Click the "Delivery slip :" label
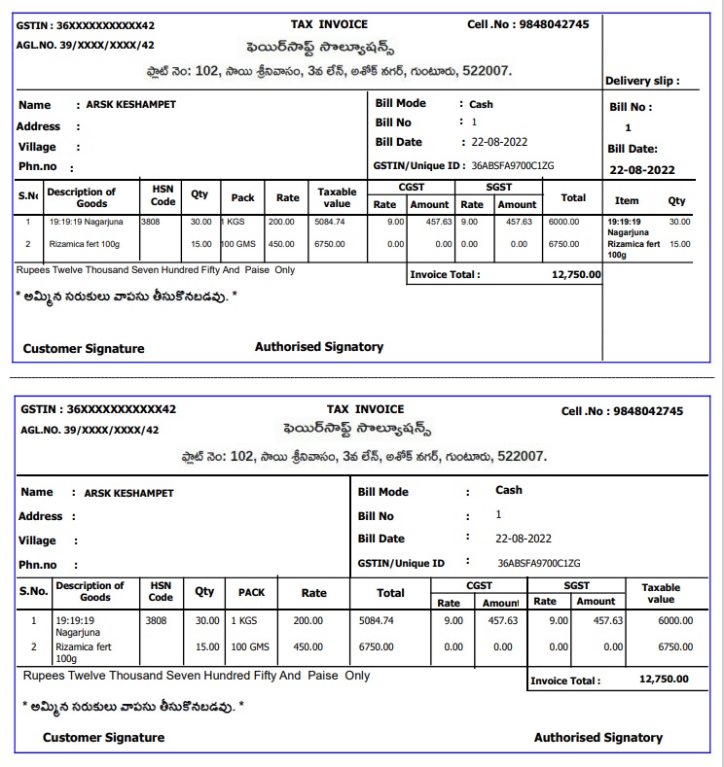click(x=642, y=81)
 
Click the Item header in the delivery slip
click(x=628, y=200)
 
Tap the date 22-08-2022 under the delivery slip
click(x=641, y=170)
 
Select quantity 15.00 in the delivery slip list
click(x=679, y=245)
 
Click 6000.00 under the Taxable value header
click(x=674, y=620)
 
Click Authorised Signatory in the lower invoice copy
click(x=597, y=738)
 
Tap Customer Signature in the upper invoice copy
click(x=84, y=348)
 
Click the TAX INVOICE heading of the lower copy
click(x=365, y=409)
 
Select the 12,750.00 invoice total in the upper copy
click(x=576, y=275)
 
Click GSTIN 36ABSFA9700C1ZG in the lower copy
click(x=538, y=563)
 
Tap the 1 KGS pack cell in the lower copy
click(x=243, y=620)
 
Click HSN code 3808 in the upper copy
click(x=152, y=222)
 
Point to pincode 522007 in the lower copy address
click(x=522, y=456)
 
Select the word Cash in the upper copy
click(x=481, y=104)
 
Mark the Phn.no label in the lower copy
click(x=38, y=565)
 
